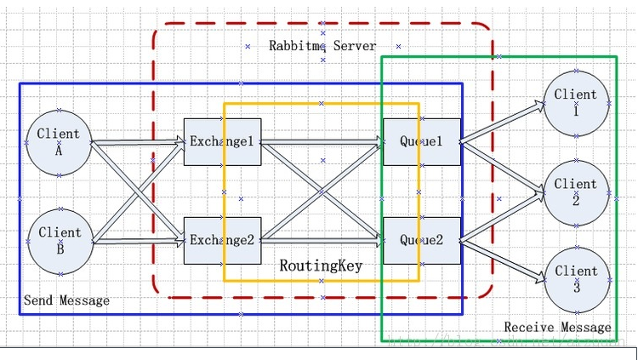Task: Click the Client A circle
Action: tap(59, 142)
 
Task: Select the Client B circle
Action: tap(60, 242)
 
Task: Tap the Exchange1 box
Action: tap(222, 141)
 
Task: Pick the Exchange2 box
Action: tap(222, 240)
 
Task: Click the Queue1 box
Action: tap(422, 141)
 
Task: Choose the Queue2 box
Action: tap(422, 240)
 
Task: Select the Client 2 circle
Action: tap(576, 191)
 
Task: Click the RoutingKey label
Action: tap(321, 266)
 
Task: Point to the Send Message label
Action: tap(66, 300)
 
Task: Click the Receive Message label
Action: tap(557, 327)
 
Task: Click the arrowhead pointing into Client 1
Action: tap(539, 106)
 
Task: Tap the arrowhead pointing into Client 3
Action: tap(539, 277)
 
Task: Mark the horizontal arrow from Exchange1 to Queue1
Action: tap(322, 143)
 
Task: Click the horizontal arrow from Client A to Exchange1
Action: tap(136, 143)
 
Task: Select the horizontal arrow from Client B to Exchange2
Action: tap(136, 243)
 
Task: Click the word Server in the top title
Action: tap(354, 46)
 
